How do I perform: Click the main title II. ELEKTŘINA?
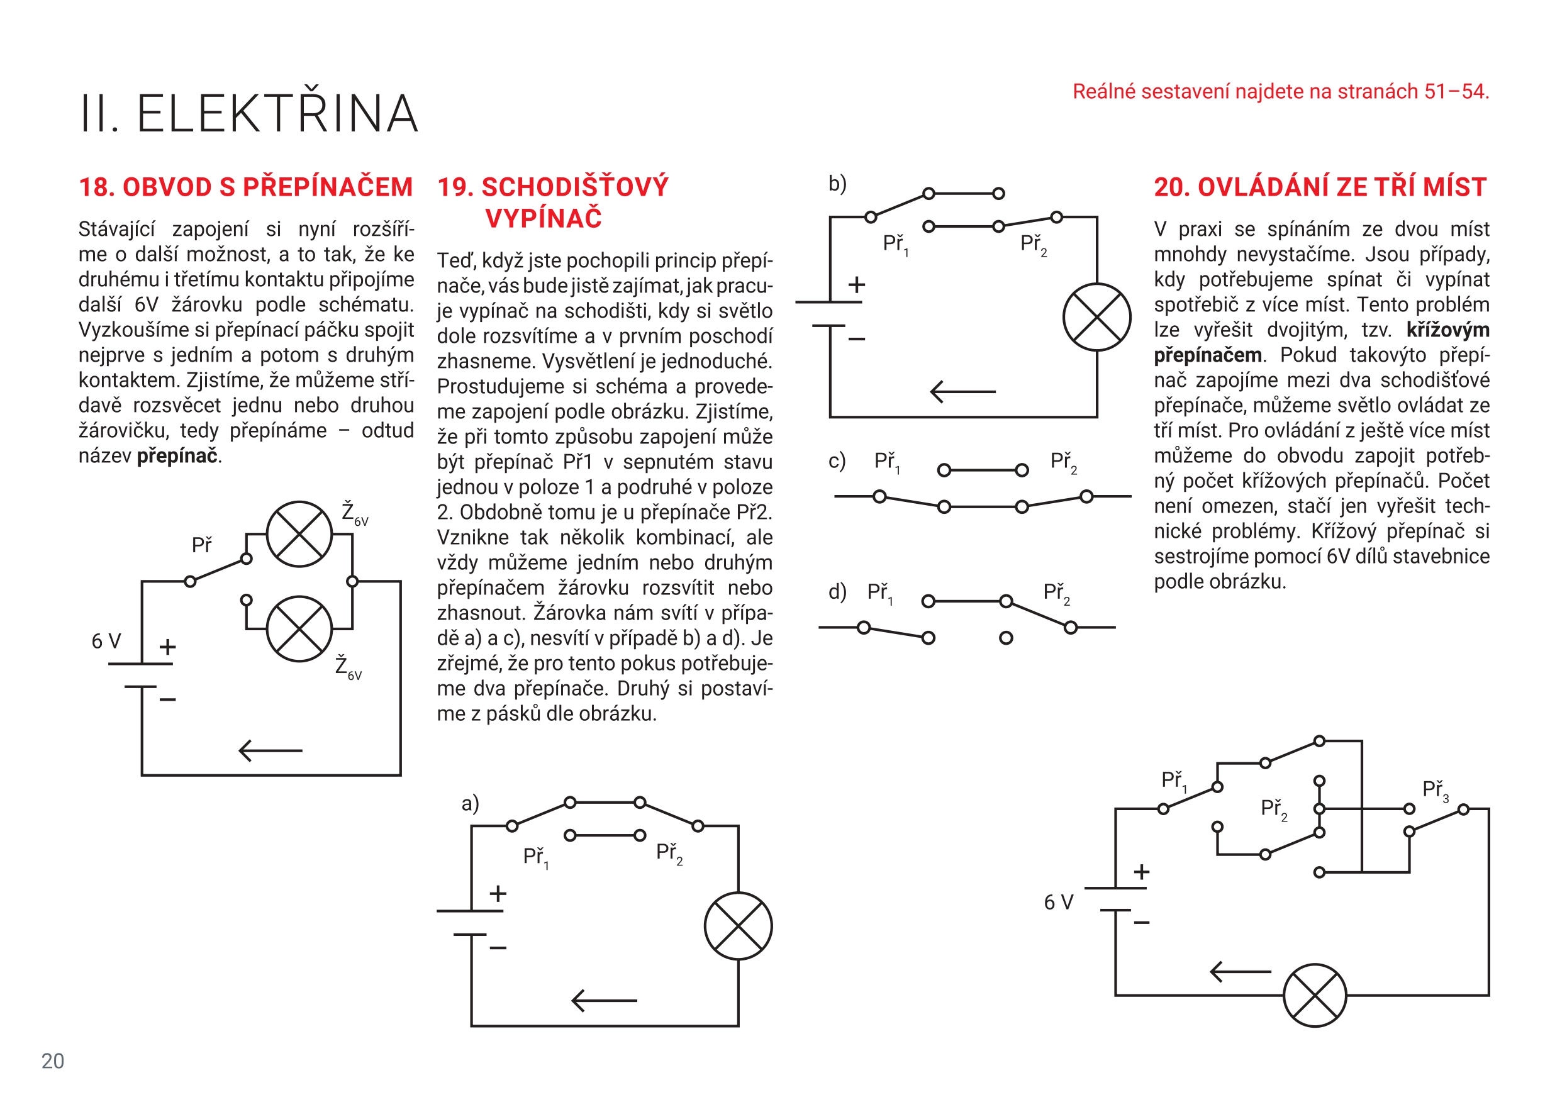tap(249, 113)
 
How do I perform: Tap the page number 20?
tap(53, 1060)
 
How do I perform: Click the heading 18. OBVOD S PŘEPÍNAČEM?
tap(246, 187)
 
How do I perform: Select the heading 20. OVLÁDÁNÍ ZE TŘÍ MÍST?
tap(1320, 187)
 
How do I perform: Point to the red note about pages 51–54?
tap(1280, 91)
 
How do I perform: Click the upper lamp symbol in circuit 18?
tap(299, 535)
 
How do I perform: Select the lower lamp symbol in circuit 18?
tap(299, 628)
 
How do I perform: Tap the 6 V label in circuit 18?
tap(106, 641)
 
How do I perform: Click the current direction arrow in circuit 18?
tap(270, 751)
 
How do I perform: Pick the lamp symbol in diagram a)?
tap(738, 926)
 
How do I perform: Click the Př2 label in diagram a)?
tap(669, 852)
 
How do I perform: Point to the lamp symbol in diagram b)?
tap(1096, 318)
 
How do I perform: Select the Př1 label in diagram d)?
tap(879, 592)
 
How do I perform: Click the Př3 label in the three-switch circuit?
tap(1436, 789)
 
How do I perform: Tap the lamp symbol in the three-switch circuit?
tap(1315, 995)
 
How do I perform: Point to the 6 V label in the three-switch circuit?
tap(1059, 902)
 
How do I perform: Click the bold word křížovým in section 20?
tap(1447, 330)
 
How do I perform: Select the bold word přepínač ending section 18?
tap(177, 456)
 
